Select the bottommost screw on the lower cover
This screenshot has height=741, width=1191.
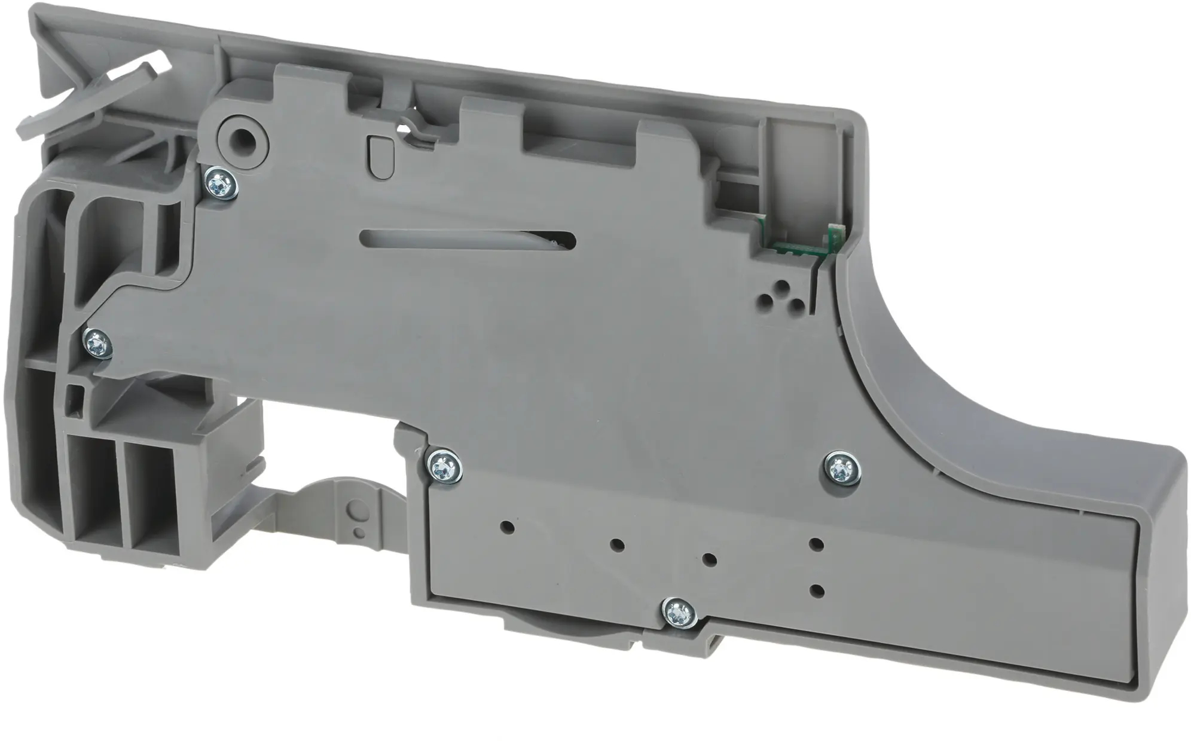678,613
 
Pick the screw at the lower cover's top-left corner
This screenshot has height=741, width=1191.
443,467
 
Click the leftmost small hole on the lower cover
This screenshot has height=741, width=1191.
508,528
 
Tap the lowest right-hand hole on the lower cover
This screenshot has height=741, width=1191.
816,590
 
